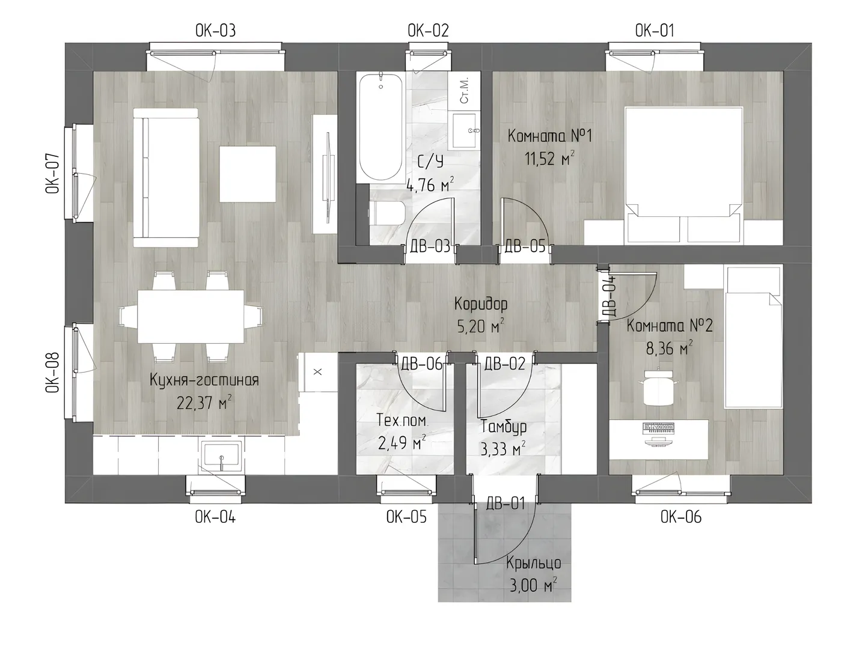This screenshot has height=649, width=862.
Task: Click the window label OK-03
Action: click(x=215, y=31)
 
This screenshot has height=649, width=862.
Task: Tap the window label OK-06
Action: click(x=680, y=517)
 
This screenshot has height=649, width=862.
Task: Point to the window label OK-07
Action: click(x=52, y=173)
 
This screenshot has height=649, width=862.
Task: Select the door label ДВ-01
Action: click(x=505, y=504)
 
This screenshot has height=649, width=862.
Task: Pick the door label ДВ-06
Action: click(x=421, y=364)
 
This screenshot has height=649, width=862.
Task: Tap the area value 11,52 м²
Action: click(x=549, y=159)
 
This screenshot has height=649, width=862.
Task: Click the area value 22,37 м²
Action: click(x=204, y=402)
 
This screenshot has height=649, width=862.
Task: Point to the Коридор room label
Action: click(x=481, y=303)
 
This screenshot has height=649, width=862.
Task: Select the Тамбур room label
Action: click(x=504, y=427)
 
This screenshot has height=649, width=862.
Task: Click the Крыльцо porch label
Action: click(x=533, y=564)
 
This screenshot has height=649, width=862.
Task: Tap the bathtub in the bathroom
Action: click(x=381, y=127)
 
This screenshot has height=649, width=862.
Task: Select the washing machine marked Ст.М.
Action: click(x=465, y=90)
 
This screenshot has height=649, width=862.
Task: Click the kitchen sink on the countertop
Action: click(x=221, y=456)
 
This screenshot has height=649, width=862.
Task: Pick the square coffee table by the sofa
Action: click(x=248, y=174)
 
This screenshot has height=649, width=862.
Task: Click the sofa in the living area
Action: click(x=166, y=178)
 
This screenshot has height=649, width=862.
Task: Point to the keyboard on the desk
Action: click(x=659, y=427)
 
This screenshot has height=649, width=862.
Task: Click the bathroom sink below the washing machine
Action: click(x=465, y=131)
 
